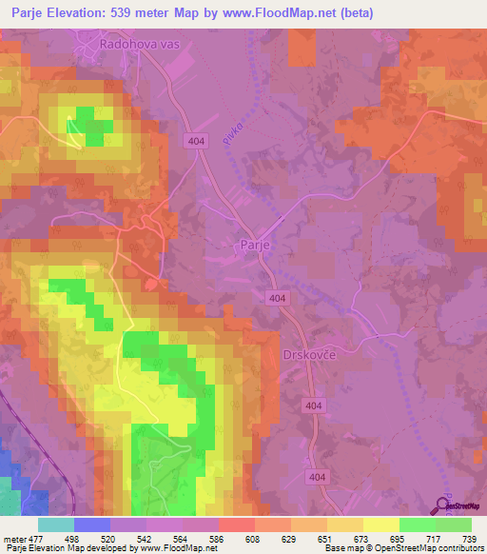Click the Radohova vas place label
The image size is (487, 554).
[142, 45]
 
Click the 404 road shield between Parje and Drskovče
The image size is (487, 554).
[277, 298]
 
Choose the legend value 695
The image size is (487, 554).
[381, 540]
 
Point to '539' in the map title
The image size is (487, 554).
[137, 13]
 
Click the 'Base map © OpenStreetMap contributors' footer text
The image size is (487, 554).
[401, 549]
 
